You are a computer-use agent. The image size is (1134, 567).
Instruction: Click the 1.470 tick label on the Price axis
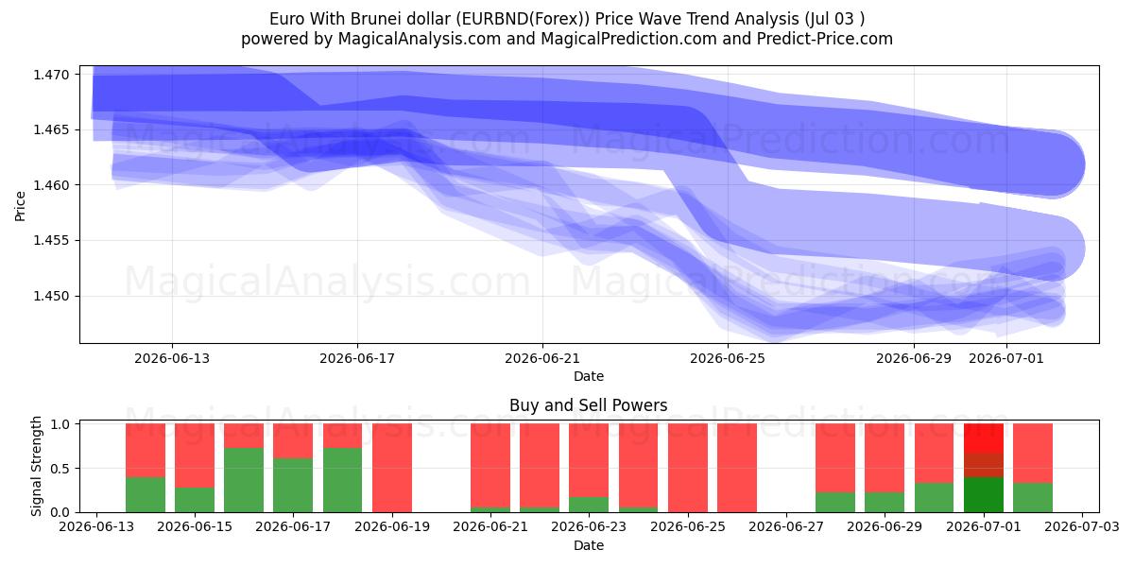click(x=50, y=75)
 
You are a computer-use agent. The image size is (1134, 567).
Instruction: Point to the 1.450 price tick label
click(x=50, y=296)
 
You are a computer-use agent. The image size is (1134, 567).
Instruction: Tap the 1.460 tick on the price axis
click(x=50, y=185)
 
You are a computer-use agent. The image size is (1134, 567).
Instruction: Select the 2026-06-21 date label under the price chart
click(x=542, y=358)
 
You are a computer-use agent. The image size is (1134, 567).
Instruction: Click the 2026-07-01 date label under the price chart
click(x=1005, y=358)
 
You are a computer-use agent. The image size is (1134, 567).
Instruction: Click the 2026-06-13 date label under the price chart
click(x=172, y=358)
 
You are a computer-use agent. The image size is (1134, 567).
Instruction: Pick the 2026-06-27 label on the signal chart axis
click(x=786, y=527)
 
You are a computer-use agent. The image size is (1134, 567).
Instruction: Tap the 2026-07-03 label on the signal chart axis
click(x=1082, y=527)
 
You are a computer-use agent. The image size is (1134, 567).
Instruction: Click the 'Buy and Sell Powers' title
click(x=588, y=405)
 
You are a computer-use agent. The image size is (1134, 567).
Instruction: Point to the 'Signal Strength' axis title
click(x=37, y=466)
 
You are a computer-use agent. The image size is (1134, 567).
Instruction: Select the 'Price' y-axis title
click(x=20, y=206)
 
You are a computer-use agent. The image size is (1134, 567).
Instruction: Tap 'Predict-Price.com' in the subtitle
click(x=825, y=39)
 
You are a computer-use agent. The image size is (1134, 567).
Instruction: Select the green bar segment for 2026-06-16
click(x=244, y=480)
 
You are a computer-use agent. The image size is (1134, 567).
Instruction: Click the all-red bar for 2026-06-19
click(x=392, y=468)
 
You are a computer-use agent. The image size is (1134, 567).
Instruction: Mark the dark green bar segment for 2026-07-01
click(x=983, y=494)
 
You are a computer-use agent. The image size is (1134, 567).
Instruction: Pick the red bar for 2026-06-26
click(x=736, y=468)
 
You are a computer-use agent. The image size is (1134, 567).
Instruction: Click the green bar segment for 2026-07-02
click(x=1033, y=498)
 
